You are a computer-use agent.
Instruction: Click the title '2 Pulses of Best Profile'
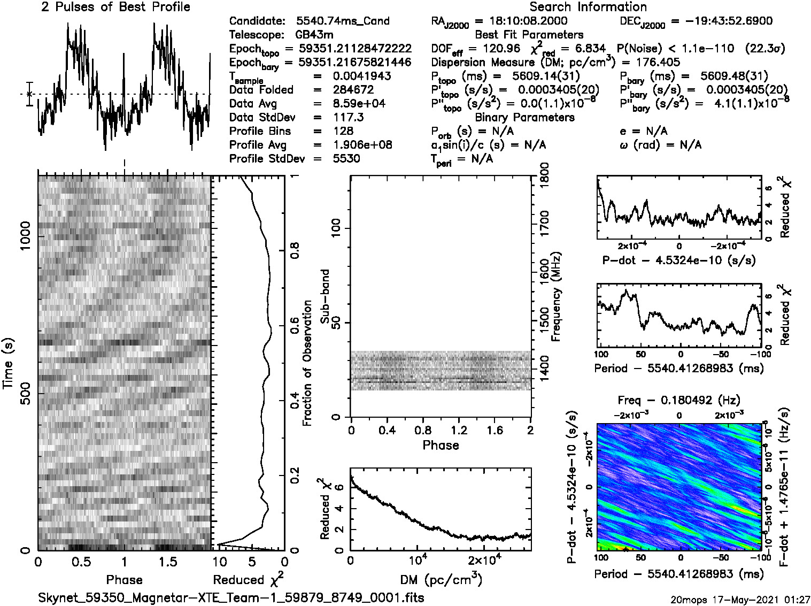(115, 7)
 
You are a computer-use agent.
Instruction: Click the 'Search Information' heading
(588, 7)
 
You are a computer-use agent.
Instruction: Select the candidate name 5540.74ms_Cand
(343, 21)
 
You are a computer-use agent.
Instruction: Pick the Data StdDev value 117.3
(348, 117)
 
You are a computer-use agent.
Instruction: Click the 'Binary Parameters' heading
(524, 117)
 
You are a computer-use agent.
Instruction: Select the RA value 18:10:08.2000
(528, 21)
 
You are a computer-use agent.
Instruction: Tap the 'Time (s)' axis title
(8, 364)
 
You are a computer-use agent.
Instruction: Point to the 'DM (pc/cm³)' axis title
(441, 579)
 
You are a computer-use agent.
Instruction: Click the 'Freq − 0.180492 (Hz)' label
(679, 400)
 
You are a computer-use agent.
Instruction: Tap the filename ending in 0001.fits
(231, 597)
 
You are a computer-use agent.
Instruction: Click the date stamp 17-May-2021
(746, 600)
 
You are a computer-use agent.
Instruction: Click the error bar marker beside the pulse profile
(29, 94)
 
